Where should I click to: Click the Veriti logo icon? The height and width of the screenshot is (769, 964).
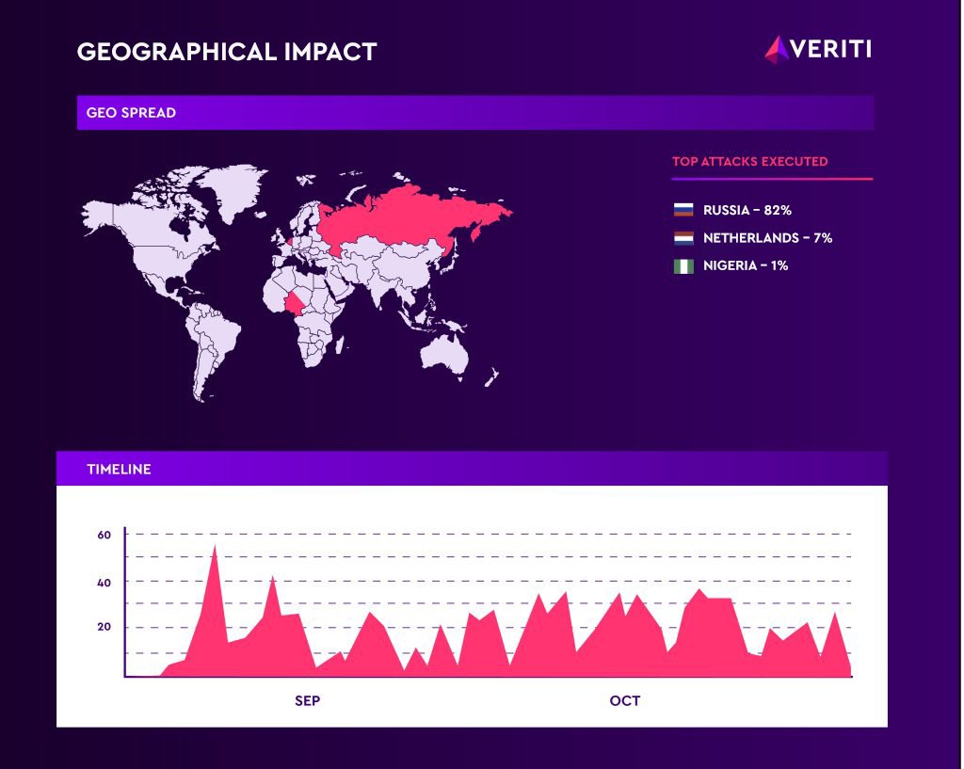point(777,49)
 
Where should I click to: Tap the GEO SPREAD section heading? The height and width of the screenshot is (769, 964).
point(131,113)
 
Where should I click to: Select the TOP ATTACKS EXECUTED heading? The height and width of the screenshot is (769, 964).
point(749,161)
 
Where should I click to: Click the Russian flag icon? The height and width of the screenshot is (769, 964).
point(683,210)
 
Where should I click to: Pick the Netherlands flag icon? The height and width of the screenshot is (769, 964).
point(683,238)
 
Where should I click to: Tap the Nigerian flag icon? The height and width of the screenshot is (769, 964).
point(683,266)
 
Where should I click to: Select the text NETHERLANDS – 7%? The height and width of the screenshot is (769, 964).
point(767,238)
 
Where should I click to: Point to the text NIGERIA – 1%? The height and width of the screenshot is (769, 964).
point(746,266)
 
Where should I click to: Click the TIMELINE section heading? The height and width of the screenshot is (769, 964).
point(119,469)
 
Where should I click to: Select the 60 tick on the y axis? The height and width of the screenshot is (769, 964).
point(104,535)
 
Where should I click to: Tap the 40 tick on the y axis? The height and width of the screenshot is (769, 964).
point(104,583)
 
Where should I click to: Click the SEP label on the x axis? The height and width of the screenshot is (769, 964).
point(308,701)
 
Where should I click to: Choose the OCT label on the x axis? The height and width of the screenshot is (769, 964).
point(624,701)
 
